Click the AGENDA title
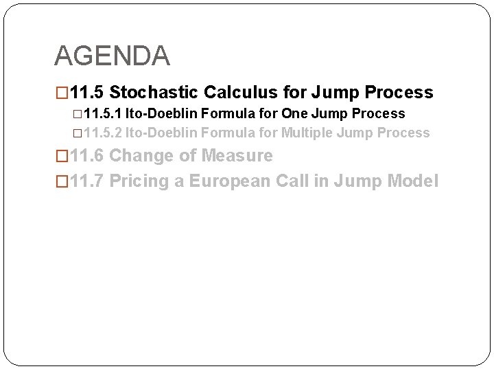(111, 56)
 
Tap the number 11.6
(87, 156)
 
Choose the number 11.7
(87, 181)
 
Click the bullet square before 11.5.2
(76, 133)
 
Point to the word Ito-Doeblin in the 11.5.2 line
(159, 133)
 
